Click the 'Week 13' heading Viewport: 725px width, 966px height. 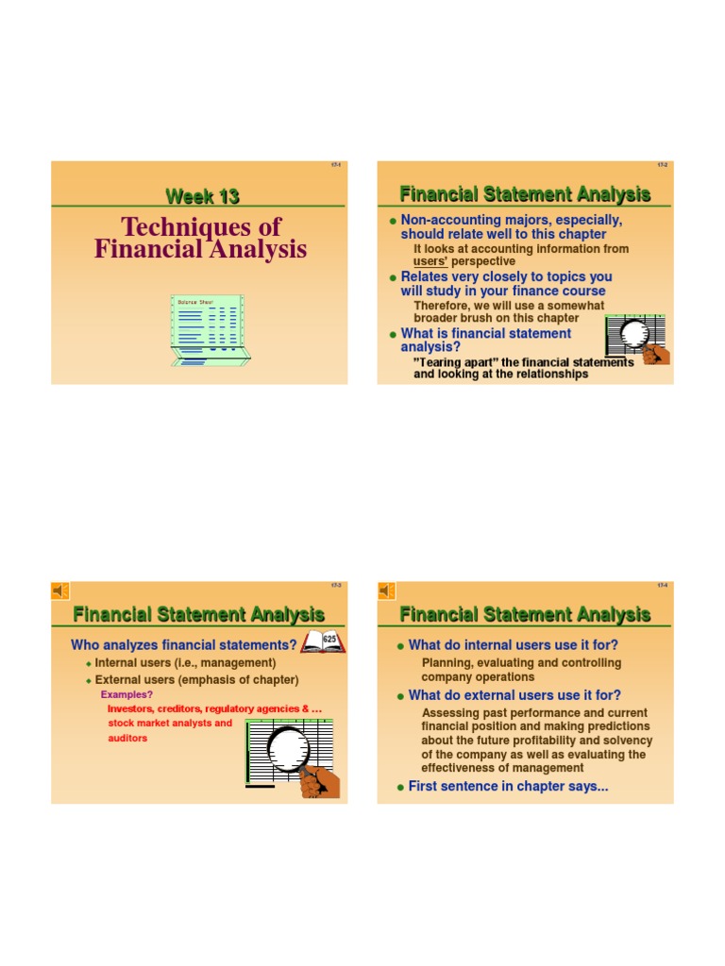(x=202, y=196)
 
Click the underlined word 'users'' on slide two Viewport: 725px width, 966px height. (x=435, y=261)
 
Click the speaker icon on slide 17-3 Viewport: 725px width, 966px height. (x=59, y=591)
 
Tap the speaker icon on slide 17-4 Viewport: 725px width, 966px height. (x=386, y=591)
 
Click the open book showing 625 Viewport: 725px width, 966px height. (x=323, y=642)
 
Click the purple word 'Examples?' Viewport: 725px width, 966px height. (x=128, y=694)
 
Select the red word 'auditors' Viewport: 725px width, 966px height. (x=128, y=738)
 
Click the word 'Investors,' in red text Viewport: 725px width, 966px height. (x=135, y=708)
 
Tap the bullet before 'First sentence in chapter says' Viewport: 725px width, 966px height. (x=400, y=788)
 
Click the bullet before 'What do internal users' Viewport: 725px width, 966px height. (x=400, y=646)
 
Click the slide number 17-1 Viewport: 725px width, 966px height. (x=335, y=165)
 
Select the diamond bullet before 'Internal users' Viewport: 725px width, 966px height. (x=88, y=664)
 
